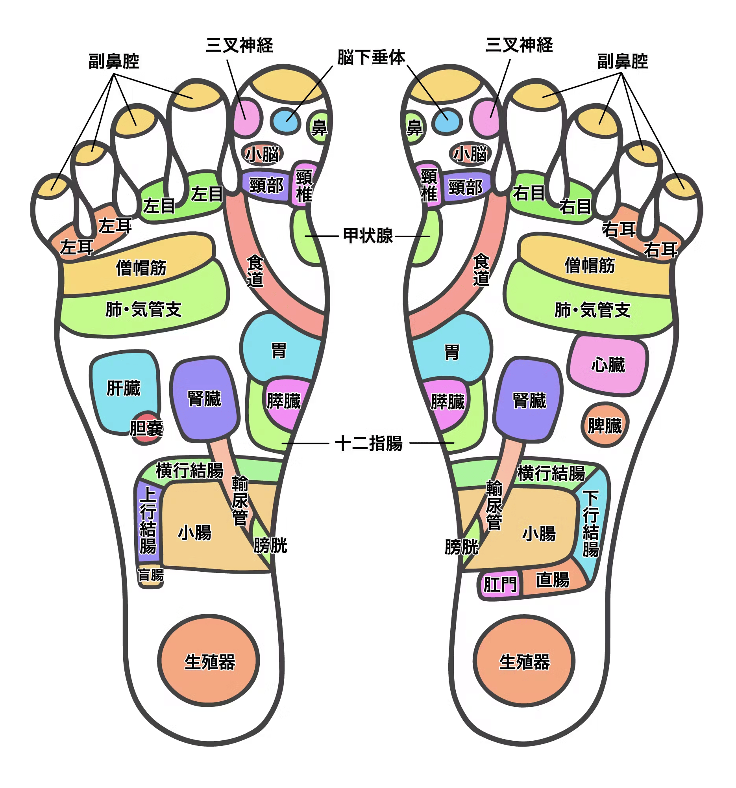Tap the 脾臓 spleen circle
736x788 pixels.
(x=604, y=425)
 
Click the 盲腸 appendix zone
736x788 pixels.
(x=150, y=575)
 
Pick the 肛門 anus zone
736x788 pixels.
(x=499, y=584)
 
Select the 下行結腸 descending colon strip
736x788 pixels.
(x=591, y=523)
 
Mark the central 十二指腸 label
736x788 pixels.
(x=369, y=443)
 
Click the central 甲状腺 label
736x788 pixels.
(x=368, y=236)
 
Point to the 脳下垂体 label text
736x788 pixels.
(x=372, y=58)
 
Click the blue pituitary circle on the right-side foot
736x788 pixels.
(x=447, y=121)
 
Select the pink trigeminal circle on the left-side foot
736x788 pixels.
(x=246, y=117)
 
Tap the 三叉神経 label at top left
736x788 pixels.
(x=239, y=45)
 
